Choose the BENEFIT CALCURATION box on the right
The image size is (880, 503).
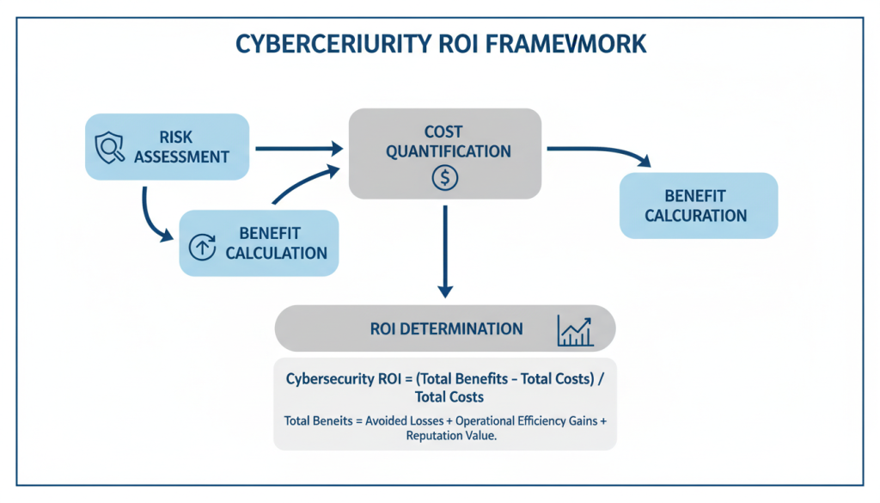click(698, 205)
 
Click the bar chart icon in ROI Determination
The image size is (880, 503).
click(575, 329)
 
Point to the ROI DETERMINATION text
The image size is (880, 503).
click(446, 329)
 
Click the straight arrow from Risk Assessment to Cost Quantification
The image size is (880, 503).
click(297, 149)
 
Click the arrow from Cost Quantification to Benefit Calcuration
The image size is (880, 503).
click(602, 151)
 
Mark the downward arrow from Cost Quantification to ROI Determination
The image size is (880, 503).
click(445, 249)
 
